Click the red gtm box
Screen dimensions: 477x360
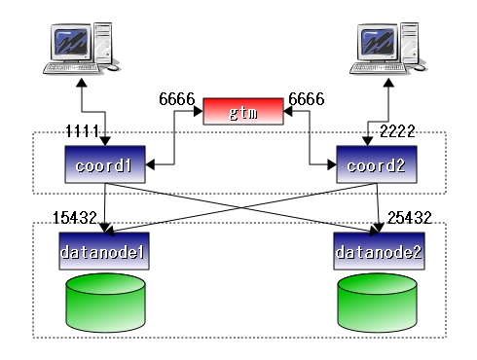[243, 111]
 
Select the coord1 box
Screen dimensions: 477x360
[105, 164]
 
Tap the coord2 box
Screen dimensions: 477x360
[377, 164]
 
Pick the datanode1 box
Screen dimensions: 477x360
[104, 251]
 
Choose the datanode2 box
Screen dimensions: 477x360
[379, 251]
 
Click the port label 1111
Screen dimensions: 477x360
[83, 131]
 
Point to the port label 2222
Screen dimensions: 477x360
[397, 131]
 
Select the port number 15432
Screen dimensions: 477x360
[75, 218]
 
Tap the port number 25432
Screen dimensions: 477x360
[410, 218]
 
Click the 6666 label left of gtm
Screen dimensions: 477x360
[177, 99]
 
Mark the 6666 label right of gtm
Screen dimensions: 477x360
[307, 99]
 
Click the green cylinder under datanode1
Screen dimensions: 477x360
[105, 303]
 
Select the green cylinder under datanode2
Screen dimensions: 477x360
[377, 303]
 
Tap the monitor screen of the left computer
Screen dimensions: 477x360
[71, 42]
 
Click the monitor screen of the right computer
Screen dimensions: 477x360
[378, 42]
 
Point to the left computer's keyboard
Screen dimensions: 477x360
[72, 68]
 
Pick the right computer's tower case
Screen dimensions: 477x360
[410, 43]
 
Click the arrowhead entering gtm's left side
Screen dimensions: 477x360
[199, 111]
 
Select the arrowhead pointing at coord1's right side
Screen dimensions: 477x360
[150, 164]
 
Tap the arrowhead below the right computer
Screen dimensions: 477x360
[388, 83]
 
